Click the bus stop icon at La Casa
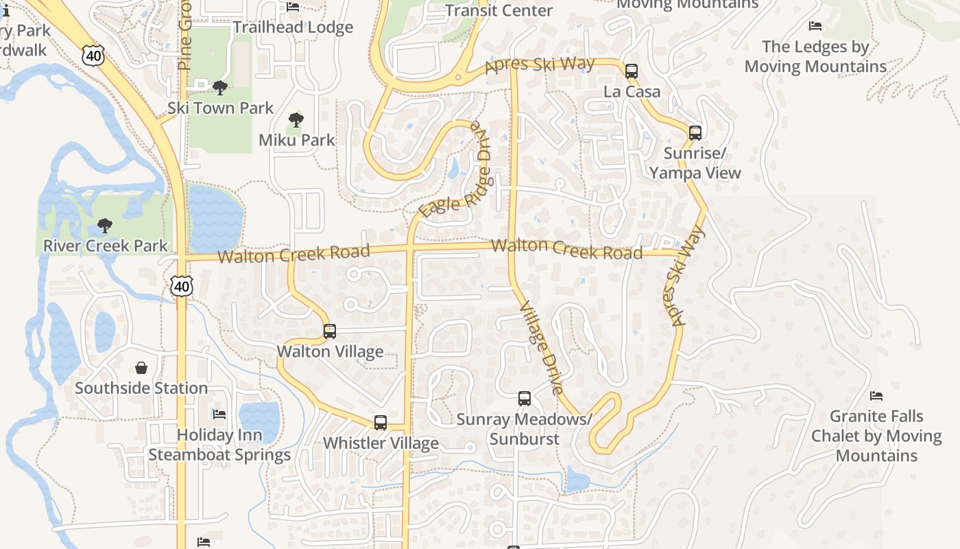(632, 71)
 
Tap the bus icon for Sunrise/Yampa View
(695, 133)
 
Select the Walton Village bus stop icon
(330, 331)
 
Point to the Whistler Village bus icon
(381, 423)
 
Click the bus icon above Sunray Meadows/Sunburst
(525, 399)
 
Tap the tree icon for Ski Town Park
(220, 87)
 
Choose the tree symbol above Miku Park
(296, 120)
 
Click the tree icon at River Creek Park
(105, 226)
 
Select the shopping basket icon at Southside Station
(141, 369)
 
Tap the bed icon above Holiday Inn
(219, 414)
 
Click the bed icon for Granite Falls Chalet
(876, 396)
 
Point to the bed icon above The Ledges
(815, 26)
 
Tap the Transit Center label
(499, 10)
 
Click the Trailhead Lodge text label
(293, 27)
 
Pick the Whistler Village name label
(381, 443)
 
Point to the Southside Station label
(141, 388)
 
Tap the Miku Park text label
(297, 140)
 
